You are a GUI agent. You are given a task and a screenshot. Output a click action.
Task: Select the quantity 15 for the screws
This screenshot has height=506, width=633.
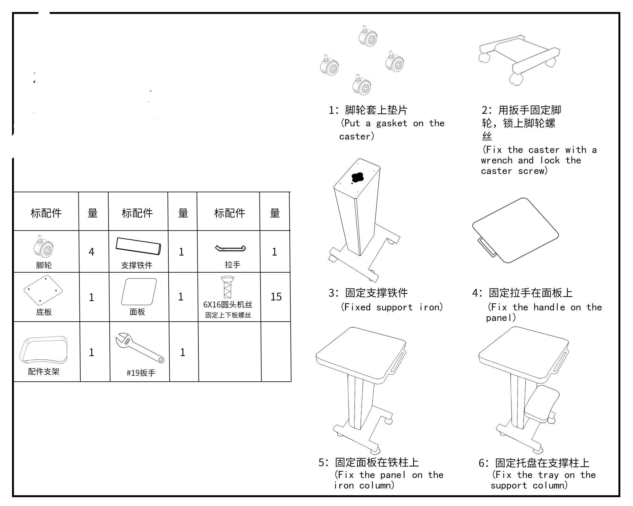pos(276,297)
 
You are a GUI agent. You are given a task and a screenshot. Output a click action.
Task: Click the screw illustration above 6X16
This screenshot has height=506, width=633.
pos(228,287)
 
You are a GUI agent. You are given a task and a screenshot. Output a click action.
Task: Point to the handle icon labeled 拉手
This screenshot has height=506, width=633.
pos(230,248)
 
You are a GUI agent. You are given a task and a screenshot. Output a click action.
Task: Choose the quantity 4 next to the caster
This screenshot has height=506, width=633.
pos(91,252)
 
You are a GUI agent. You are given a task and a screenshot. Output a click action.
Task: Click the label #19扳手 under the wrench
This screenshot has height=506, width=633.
pos(141,373)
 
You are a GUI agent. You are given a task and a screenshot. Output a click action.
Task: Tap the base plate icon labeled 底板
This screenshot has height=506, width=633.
pos(43,290)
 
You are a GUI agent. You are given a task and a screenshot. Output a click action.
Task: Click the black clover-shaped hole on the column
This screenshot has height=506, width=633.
pos(358,177)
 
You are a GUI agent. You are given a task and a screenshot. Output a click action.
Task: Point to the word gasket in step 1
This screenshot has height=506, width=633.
pos(392,123)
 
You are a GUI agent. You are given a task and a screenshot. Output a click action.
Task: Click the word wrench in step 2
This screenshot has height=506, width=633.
pos(496,160)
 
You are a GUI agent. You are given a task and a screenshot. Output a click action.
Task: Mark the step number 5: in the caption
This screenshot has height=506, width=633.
pos(324,463)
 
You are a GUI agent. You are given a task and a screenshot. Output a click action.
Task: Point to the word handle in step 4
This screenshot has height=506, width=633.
pos(549,307)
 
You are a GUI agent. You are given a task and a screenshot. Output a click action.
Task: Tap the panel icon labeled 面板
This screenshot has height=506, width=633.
pos(139,292)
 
